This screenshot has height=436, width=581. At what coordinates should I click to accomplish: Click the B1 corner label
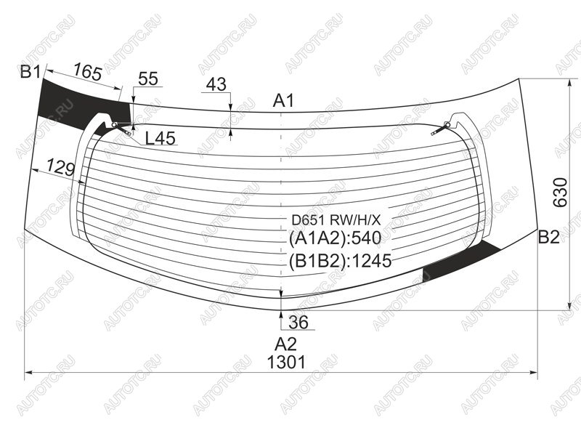[31, 71]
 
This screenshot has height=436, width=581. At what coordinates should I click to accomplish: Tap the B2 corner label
[548, 237]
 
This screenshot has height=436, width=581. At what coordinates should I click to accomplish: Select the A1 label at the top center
[283, 100]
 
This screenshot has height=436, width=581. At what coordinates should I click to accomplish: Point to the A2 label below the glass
[285, 344]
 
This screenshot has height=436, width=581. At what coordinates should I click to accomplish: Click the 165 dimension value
[87, 72]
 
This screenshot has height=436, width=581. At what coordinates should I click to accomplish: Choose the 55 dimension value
[148, 79]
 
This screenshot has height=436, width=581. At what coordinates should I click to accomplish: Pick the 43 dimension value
[216, 84]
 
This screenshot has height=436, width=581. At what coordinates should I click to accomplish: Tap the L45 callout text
[160, 138]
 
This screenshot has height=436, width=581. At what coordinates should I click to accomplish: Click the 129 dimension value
[61, 167]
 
